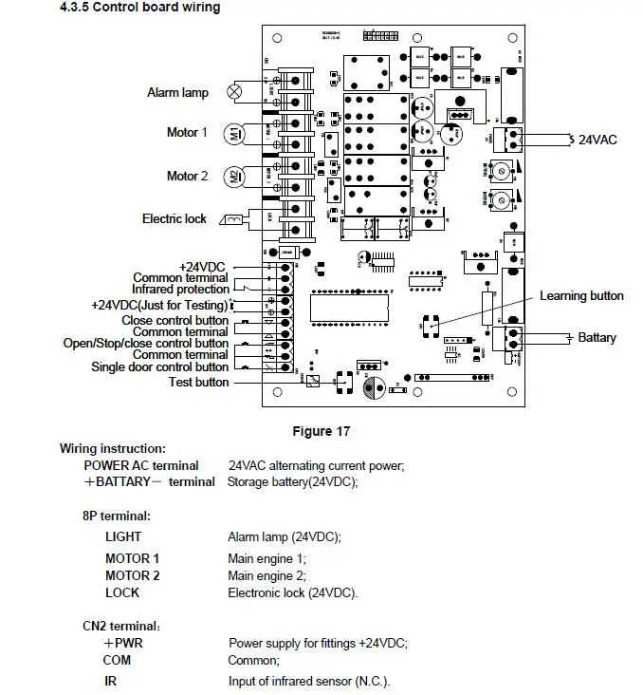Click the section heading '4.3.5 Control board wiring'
139,8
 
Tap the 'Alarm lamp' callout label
177,92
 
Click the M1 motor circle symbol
234,133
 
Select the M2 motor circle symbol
234,177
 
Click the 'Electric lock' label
175,218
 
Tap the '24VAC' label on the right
597,140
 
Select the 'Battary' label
597,337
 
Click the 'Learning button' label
581,296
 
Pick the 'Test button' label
198,382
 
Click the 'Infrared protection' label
180,289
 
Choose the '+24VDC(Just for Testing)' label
159,305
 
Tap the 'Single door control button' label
159,366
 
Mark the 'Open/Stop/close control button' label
146,343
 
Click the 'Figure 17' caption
321,431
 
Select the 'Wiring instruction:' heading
113,448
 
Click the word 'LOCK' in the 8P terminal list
121,592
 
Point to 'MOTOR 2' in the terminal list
132,575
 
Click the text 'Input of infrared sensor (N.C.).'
308,681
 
